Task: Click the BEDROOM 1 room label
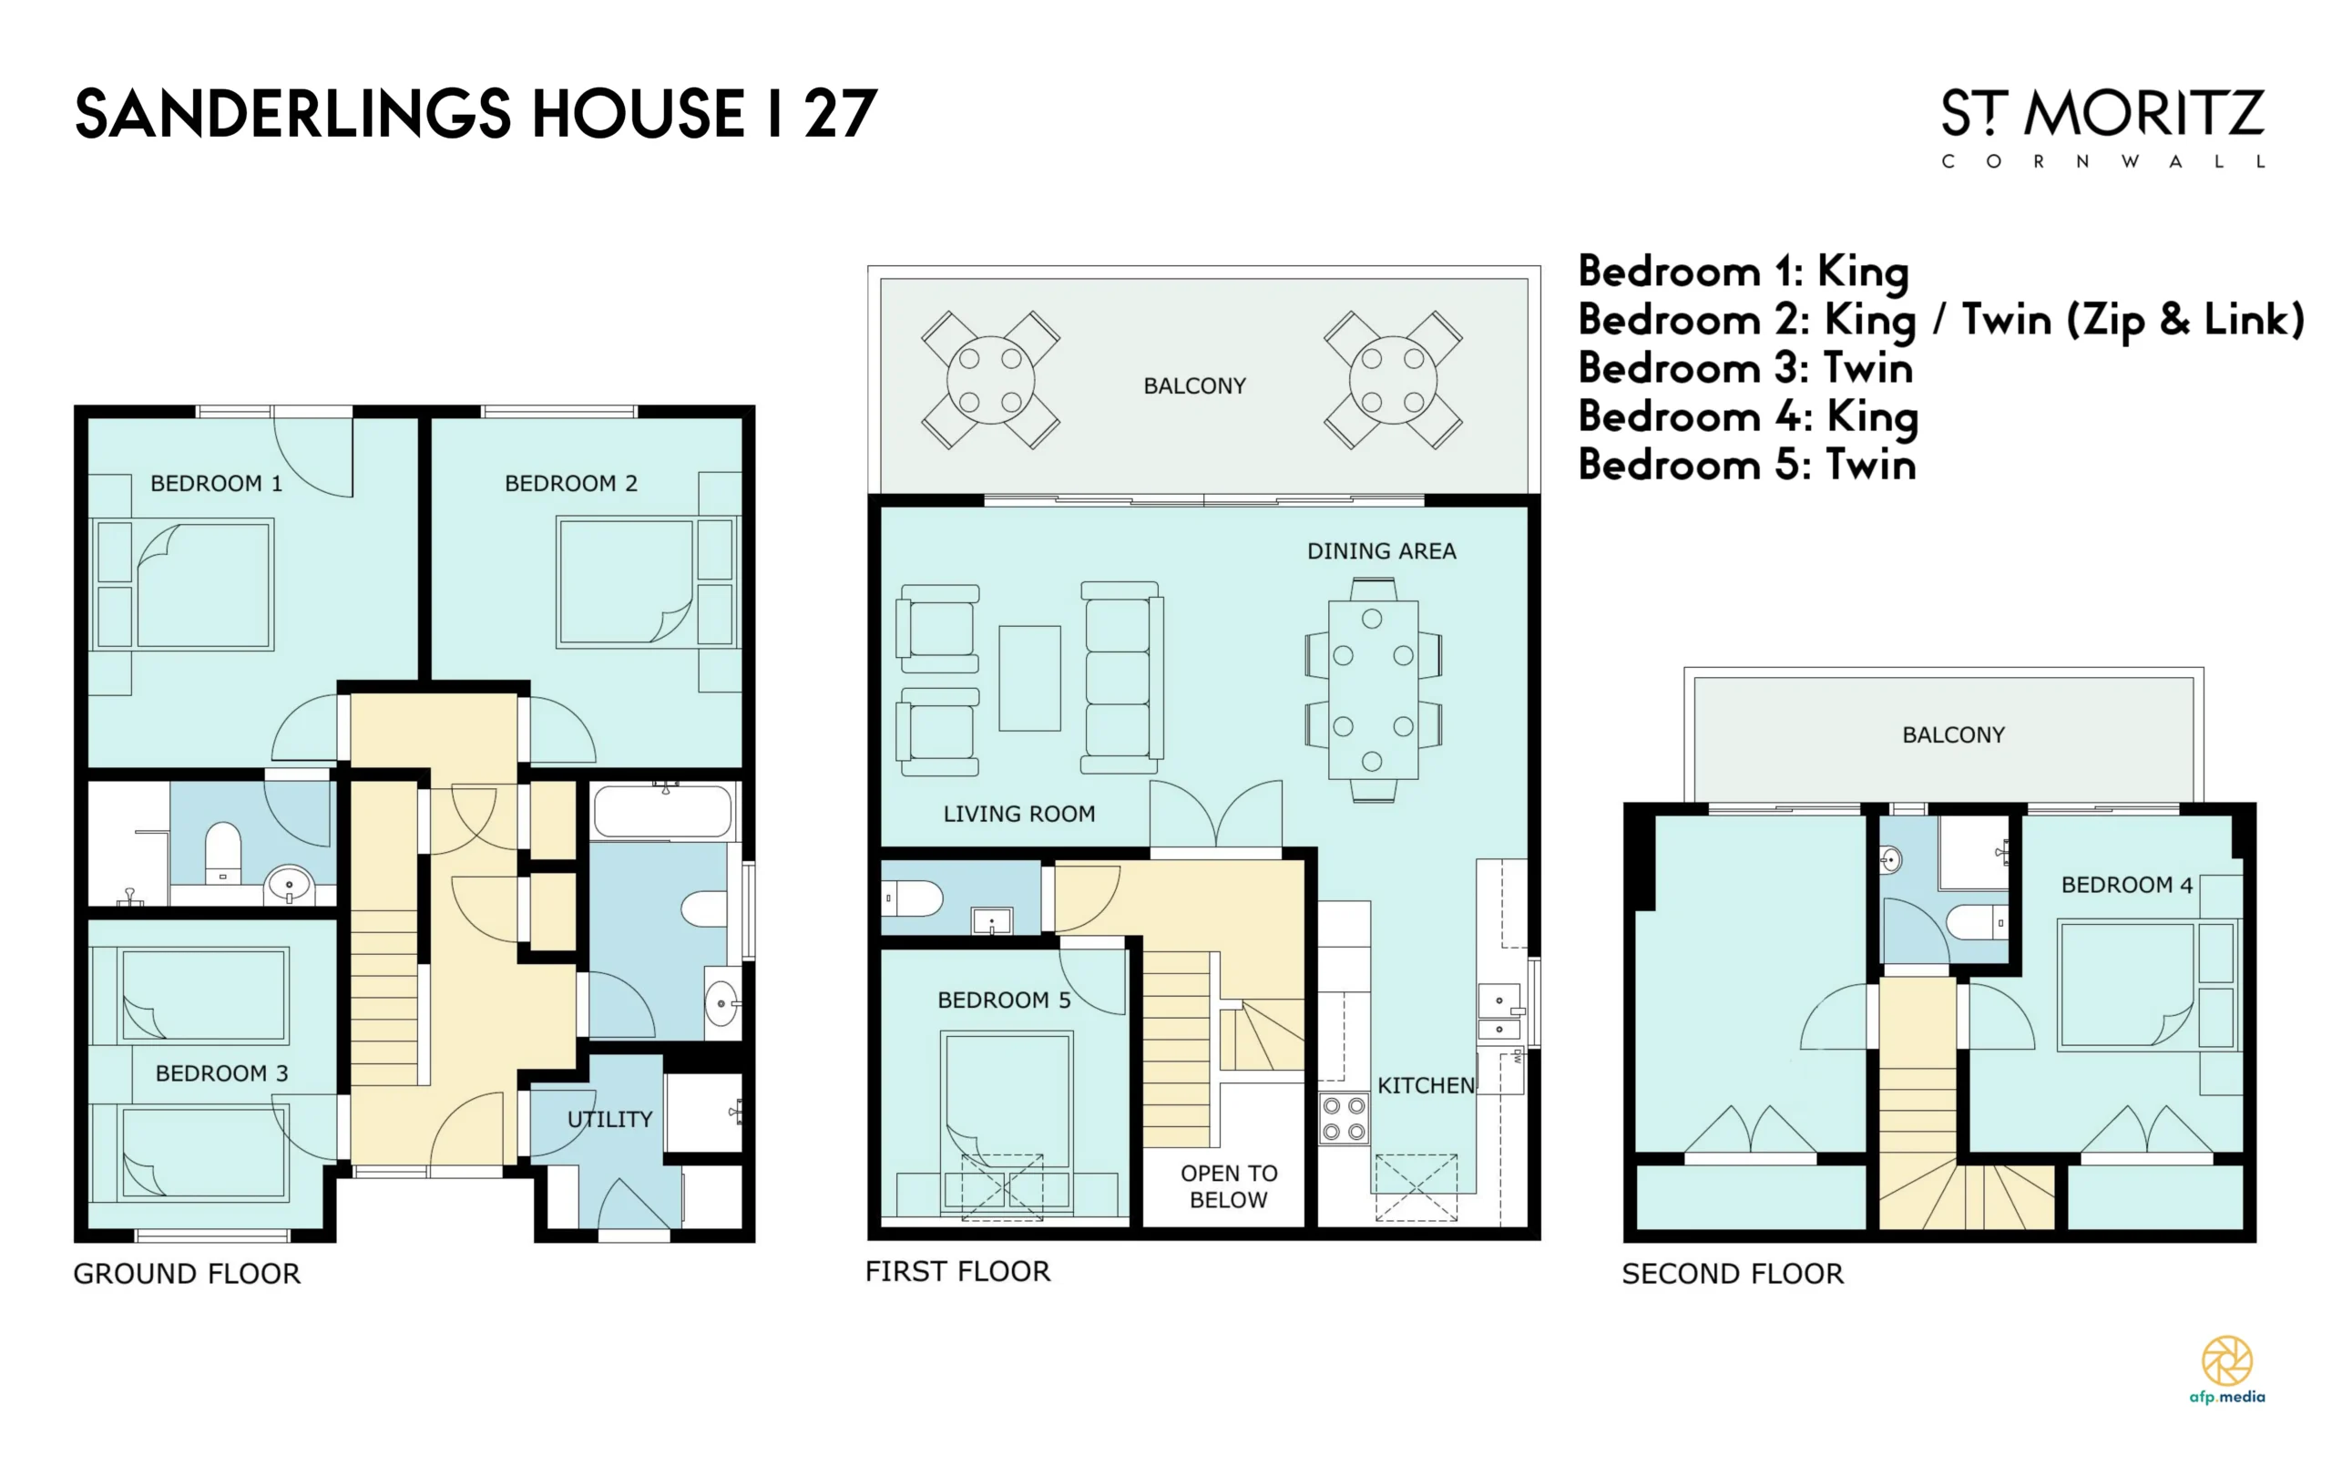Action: tap(216, 483)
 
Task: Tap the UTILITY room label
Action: tap(609, 1119)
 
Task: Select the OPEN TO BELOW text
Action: tap(1229, 1186)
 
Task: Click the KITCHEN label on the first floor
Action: tap(1426, 1085)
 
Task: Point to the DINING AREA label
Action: tap(1381, 551)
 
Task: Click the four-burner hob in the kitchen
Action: tap(1344, 1119)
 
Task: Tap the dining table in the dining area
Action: tap(1373, 690)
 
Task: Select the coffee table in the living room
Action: tap(1029, 677)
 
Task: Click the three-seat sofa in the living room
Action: tap(1121, 677)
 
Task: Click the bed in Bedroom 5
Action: tap(1007, 1124)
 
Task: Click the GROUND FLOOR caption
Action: tap(187, 1274)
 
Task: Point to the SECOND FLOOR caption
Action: tap(1733, 1274)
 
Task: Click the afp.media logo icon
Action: tap(2227, 1360)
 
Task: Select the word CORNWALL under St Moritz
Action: tap(2102, 162)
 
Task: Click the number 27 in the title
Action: tap(840, 114)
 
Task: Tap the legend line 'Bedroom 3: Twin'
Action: tap(1745, 368)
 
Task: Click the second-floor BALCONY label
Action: tap(1953, 735)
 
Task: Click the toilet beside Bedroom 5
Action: tap(912, 898)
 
